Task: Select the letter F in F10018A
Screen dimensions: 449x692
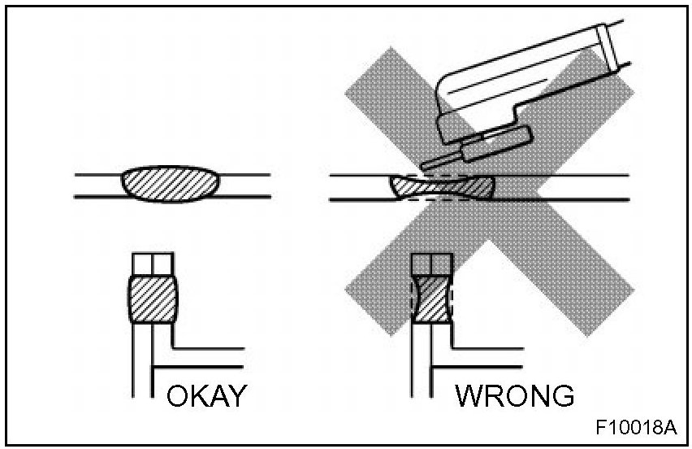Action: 600,427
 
